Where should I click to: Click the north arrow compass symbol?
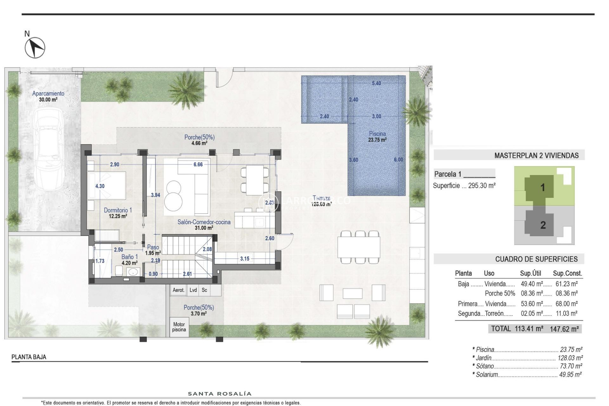[35, 48]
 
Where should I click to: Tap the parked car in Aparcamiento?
[49, 149]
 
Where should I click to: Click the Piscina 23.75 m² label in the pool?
[377, 137]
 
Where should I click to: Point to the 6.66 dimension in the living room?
[198, 164]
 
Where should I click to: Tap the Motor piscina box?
[179, 327]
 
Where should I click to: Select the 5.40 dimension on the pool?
[376, 83]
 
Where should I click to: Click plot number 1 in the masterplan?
[542, 187]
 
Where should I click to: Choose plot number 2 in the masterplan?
[543, 225]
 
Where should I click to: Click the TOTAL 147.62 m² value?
[564, 329]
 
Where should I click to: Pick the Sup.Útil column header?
[530, 273]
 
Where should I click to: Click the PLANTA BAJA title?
[29, 357]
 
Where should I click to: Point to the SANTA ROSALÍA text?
[219, 394]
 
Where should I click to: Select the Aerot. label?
[178, 290]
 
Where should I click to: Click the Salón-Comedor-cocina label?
[204, 222]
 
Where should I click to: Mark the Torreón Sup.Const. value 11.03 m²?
[566, 314]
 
